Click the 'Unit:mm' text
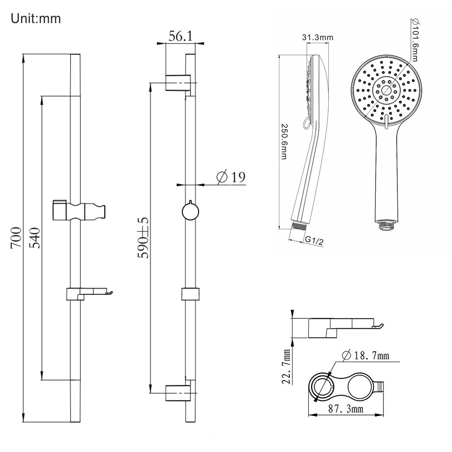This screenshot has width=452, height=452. click(x=36, y=19)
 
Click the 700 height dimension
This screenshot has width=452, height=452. click(x=16, y=238)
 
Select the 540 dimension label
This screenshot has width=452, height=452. click(x=35, y=238)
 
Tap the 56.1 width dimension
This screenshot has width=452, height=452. click(x=181, y=36)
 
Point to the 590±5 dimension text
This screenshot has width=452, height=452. click(x=143, y=238)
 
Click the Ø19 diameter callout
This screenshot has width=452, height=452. click(x=231, y=177)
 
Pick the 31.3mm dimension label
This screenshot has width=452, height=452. click(x=318, y=37)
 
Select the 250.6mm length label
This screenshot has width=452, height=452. click(x=284, y=141)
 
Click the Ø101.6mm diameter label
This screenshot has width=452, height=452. click(x=415, y=40)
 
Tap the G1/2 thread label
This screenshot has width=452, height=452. click(x=314, y=240)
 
